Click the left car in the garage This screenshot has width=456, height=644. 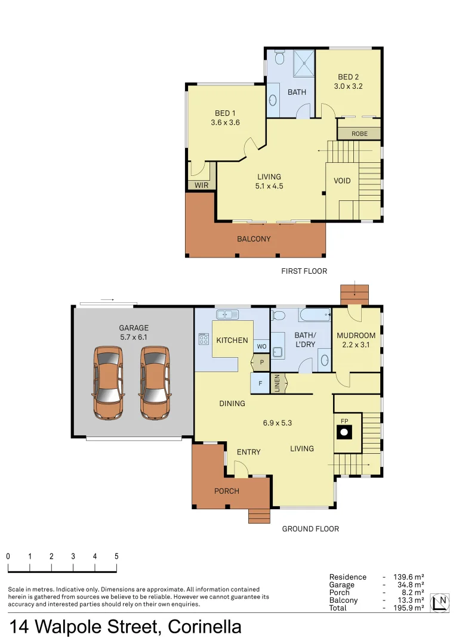pyautogui.click(x=108, y=383)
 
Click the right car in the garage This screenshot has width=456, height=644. pyautogui.click(x=155, y=383)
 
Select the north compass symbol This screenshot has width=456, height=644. pyautogui.click(x=442, y=601)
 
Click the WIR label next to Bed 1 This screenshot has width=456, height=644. pyautogui.click(x=201, y=185)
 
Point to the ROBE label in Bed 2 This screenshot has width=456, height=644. pyautogui.click(x=359, y=134)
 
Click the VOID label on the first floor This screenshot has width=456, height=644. pyautogui.click(x=342, y=181)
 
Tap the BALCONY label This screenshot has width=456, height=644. pyautogui.click(x=254, y=239)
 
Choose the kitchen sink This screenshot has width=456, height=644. pyautogui.click(x=227, y=314)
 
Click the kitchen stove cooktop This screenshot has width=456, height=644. pyautogui.click(x=203, y=340)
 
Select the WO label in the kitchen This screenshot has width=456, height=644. pyautogui.click(x=261, y=346)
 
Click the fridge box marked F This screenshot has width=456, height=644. pyautogui.click(x=260, y=382)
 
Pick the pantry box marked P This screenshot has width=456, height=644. pyautogui.click(x=261, y=362)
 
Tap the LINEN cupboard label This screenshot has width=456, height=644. pyautogui.click(x=277, y=383)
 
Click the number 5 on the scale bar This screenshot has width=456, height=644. pyautogui.click(x=116, y=556)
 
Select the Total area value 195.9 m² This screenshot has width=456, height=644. pyautogui.click(x=409, y=608)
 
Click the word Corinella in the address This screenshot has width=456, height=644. pyautogui.click(x=205, y=627)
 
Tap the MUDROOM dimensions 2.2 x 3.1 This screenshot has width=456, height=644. pyautogui.click(x=356, y=345)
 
